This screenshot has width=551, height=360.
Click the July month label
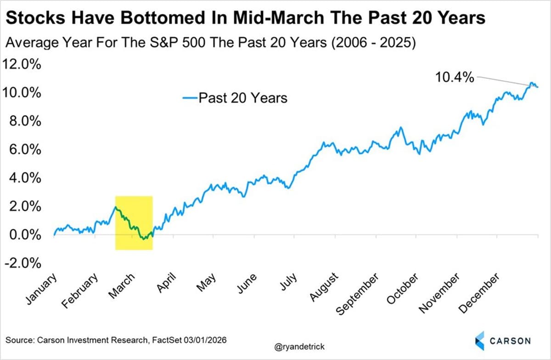click(x=289, y=283)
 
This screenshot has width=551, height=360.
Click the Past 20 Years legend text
click(x=243, y=98)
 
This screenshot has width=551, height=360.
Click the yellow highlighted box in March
click(x=134, y=223)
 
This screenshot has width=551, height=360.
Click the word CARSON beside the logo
click(x=510, y=341)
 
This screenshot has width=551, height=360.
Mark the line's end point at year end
click(x=538, y=87)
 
